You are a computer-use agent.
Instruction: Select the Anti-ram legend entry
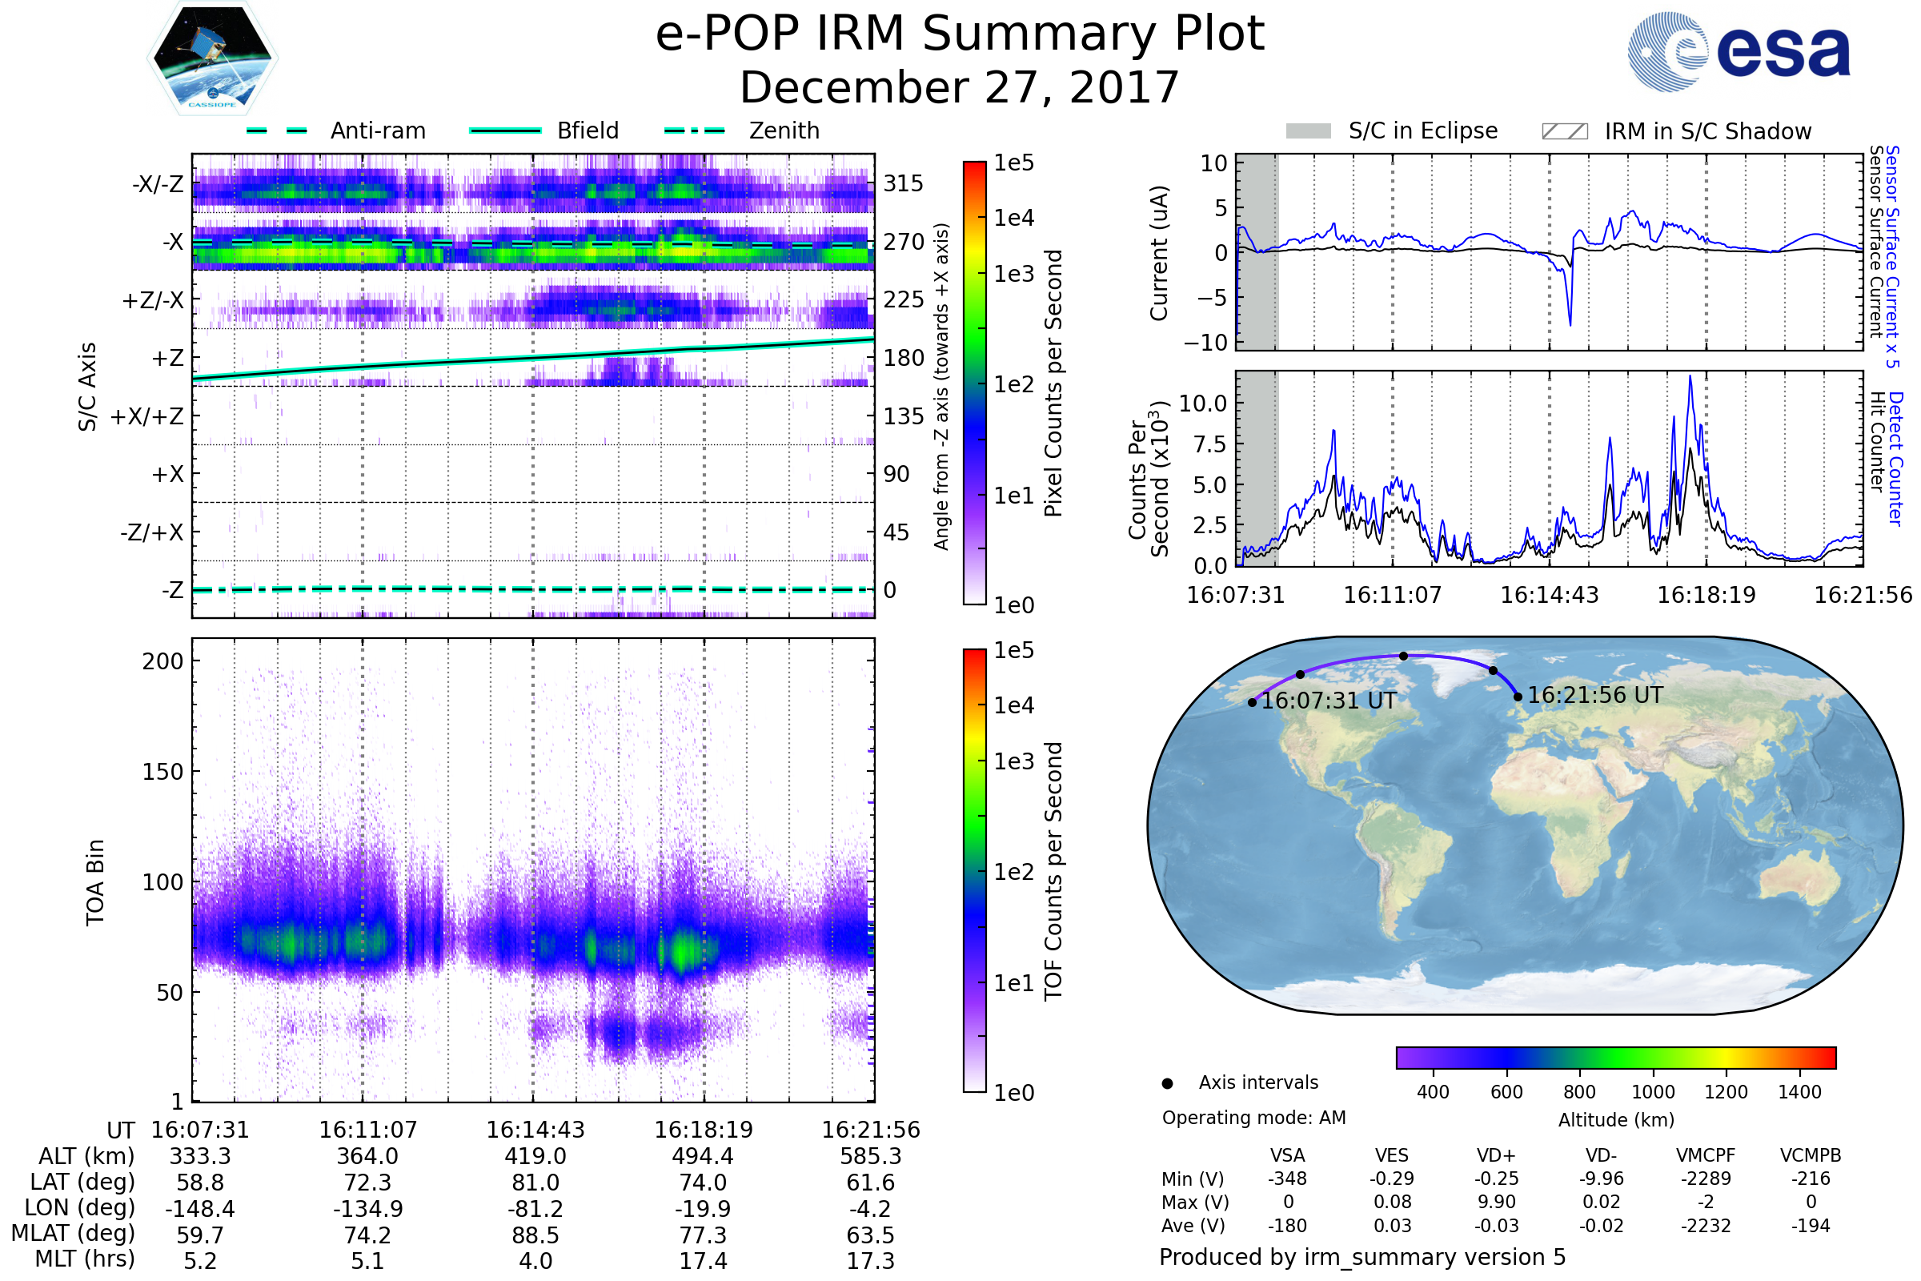(335, 131)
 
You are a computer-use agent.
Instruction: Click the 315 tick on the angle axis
(903, 183)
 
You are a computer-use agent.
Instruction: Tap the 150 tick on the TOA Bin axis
(162, 771)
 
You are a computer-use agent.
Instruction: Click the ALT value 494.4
(703, 1156)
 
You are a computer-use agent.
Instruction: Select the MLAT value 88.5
(535, 1235)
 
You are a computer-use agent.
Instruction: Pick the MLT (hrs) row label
(84, 1259)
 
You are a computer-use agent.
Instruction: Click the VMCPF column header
(1706, 1155)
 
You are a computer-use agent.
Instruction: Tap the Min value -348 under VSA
(1287, 1179)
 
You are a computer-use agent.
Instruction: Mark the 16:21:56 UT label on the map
(1594, 695)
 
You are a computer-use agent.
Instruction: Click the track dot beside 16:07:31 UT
(1252, 703)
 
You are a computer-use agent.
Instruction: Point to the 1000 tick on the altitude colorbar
(1653, 1092)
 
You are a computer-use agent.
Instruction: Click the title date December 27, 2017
(960, 87)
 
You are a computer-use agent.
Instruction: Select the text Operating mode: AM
(1253, 1118)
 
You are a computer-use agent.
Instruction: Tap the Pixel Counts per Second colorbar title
(1053, 383)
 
